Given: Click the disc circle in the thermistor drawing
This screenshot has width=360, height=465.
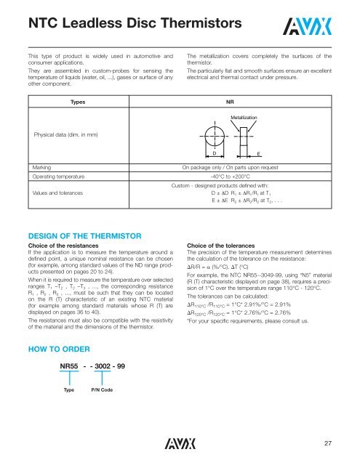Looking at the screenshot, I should (x=220, y=137).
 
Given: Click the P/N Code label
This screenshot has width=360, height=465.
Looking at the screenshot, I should (x=101, y=369).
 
